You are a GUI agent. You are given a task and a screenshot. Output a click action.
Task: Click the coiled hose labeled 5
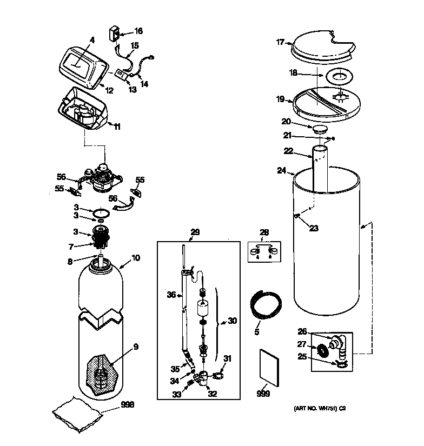coord(264,303)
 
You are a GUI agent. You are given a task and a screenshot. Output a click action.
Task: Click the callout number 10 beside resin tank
coord(136,258)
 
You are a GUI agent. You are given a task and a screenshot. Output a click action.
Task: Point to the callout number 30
coord(232,321)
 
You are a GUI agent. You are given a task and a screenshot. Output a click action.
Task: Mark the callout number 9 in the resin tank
coord(136,347)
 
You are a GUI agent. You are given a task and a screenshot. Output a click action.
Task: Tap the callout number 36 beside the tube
coord(171,294)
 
